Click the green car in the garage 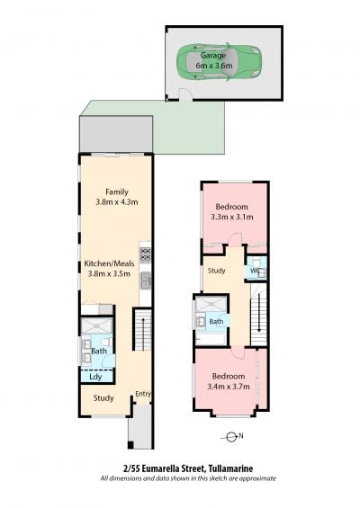[x=219, y=61]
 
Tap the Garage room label [x=213, y=56]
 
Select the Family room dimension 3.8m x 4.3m [x=117, y=202]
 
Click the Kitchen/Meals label [x=109, y=263]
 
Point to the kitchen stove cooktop [x=145, y=254]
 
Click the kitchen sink [x=146, y=281]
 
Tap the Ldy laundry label [x=95, y=377]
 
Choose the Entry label [x=143, y=394]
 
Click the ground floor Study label [x=103, y=398]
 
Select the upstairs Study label [x=216, y=271]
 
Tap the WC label [x=256, y=271]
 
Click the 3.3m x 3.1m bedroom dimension [x=232, y=217]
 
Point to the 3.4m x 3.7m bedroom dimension [x=229, y=387]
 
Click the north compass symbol [x=231, y=437]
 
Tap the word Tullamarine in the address [x=230, y=468]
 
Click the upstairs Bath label [x=216, y=321]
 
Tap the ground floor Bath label [x=99, y=351]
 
